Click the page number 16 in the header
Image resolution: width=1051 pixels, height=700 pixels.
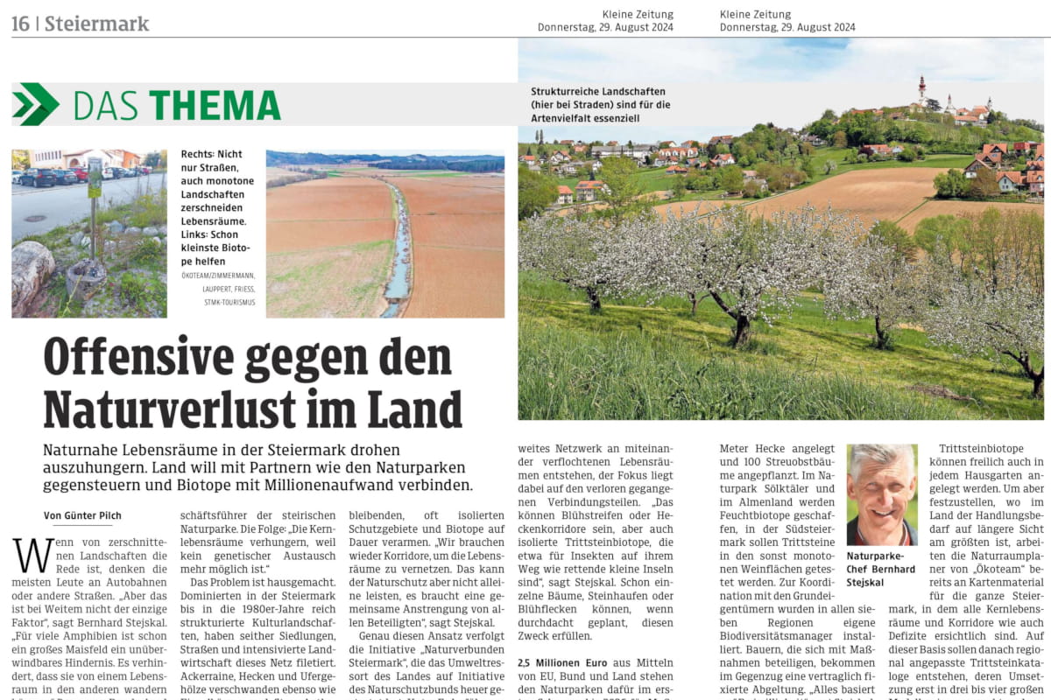(21, 24)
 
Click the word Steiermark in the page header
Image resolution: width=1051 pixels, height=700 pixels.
(96, 24)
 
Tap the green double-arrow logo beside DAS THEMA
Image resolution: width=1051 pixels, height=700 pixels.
(36, 104)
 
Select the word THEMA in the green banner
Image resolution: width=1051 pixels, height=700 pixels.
(215, 105)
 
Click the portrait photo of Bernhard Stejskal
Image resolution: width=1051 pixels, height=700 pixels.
(882, 494)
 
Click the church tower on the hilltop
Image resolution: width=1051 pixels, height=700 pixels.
(921, 89)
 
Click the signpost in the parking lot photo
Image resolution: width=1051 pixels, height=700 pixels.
(94, 206)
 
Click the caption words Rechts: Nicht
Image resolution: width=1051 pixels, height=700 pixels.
(211, 154)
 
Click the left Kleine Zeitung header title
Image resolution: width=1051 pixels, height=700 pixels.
(638, 14)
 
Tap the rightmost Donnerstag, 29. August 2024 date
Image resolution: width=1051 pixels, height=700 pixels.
(787, 27)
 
